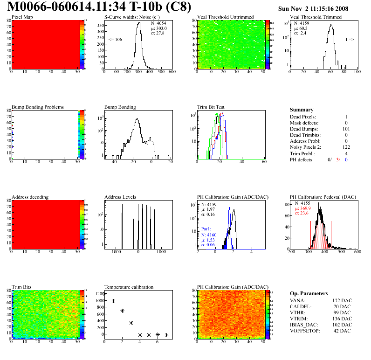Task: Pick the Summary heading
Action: pos(302,110)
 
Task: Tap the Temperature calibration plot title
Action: pos(129,287)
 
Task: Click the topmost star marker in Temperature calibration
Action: pos(104,294)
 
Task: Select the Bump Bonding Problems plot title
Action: pos(38,107)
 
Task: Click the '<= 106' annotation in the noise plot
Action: pos(115,40)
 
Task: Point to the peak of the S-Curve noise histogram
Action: pos(138,23)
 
